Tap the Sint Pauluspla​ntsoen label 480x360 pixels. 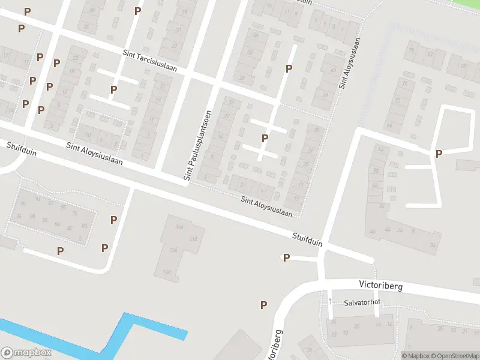[197, 146]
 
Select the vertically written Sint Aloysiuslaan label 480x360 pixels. [350, 64]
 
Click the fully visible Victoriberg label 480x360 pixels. [380, 286]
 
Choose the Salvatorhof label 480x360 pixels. [363, 303]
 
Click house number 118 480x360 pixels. [193, 239]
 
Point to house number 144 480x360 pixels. [179, 227]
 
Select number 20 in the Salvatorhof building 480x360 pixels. [356, 326]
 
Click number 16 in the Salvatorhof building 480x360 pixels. [378, 324]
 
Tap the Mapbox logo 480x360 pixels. [26, 353]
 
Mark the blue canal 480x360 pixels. [120, 336]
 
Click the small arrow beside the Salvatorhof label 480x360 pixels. [330, 299]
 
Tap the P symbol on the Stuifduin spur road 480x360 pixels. [286, 258]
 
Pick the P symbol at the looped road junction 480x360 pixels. [439, 154]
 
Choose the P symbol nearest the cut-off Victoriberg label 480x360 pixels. [263, 305]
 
